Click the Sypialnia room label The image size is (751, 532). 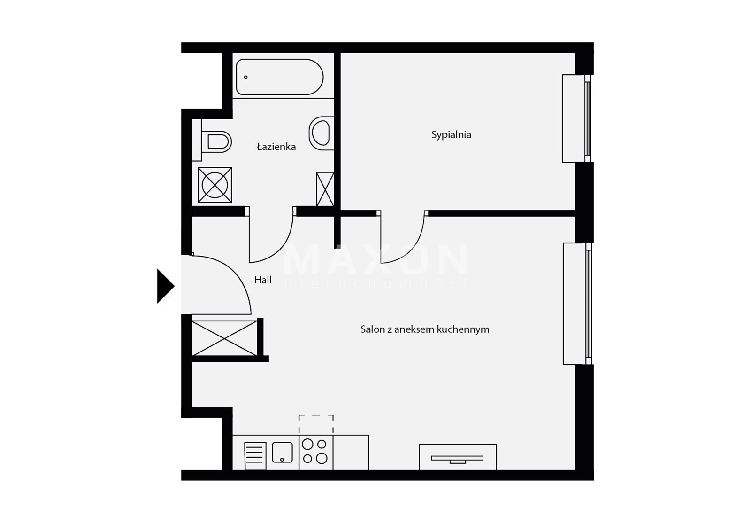coord(451,135)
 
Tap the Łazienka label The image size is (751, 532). coord(276,147)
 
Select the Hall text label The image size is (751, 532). coord(263,280)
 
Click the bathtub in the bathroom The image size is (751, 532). coord(280,77)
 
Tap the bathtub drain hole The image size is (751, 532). coord(246,77)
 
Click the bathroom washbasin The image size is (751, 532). coord(321,133)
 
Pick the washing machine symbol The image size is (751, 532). coord(215,185)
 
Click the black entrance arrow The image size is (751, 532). coord(165,286)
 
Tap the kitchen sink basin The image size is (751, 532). coord(282,452)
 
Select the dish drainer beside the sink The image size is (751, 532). coord(255,456)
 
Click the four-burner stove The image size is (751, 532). coord(316,452)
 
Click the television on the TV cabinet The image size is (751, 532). coord(457,459)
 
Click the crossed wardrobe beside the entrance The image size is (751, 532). coord(224,338)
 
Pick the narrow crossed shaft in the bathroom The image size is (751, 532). coord(325,189)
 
